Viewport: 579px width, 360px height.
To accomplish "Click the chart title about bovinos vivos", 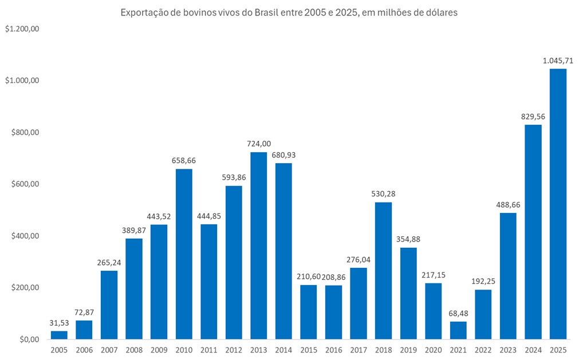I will (289, 13).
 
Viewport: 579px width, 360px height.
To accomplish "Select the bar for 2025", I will (558, 204).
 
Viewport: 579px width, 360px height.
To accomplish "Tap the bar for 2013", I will (258, 246).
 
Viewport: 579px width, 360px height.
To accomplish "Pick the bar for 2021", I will (458, 330).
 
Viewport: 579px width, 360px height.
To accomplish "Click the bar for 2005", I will (59, 335).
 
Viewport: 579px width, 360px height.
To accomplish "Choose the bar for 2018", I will (383, 270).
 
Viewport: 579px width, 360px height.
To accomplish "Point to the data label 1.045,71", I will (558, 60).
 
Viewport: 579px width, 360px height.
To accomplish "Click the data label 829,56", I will (533, 116).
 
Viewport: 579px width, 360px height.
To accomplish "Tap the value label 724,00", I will (258, 144).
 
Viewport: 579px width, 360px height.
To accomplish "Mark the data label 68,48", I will (458, 313).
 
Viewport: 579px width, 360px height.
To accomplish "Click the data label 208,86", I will (334, 277).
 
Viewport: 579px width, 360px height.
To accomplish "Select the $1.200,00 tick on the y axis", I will (22, 29).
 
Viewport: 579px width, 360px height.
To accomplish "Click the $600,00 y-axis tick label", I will (23, 184).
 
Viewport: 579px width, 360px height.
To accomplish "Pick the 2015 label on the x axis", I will (308, 350).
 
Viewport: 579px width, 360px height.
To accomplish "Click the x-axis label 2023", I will (508, 350).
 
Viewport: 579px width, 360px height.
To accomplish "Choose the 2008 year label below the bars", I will (134, 350).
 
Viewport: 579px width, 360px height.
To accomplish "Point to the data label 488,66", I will (508, 204).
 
